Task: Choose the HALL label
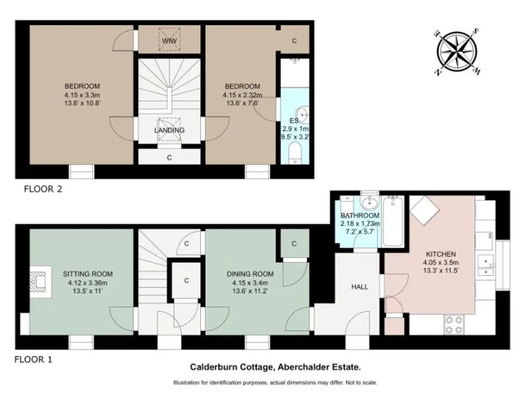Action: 360,287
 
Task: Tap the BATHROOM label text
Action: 360,216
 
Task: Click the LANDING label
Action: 169,130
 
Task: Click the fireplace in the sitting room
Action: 40,281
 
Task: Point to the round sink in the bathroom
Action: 370,203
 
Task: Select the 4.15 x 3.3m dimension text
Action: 83,95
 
